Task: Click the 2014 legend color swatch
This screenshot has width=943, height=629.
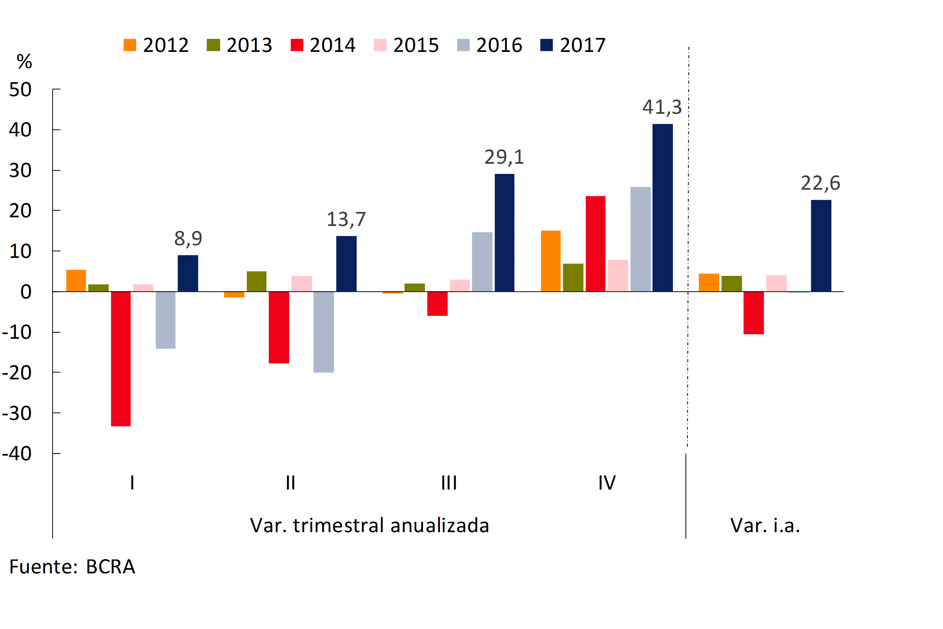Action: point(297,45)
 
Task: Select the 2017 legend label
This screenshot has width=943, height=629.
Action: point(582,45)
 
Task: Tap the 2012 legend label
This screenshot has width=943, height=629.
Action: point(166,45)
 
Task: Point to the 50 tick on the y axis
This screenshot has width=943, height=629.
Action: point(20,90)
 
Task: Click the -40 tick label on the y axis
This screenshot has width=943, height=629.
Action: point(17,454)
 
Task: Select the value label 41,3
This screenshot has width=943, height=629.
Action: point(662,107)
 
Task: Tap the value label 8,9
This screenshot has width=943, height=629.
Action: point(188,238)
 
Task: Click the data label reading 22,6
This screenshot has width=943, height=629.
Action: point(820,183)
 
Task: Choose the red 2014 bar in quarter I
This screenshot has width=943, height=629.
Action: point(121,359)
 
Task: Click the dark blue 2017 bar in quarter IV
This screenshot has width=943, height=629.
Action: point(662,208)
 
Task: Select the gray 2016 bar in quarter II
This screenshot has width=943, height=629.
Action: point(324,332)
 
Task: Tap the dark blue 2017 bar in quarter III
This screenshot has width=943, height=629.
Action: point(504,233)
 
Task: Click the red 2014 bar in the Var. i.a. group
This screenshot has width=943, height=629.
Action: point(753,313)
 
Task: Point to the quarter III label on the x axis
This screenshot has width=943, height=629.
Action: point(449,483)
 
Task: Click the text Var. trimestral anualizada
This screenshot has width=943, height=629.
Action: point(369,525)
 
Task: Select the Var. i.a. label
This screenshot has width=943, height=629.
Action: point(765,525)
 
